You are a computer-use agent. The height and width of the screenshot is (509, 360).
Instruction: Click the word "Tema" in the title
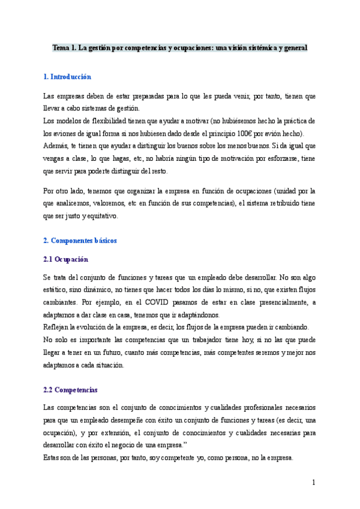pos(61,47)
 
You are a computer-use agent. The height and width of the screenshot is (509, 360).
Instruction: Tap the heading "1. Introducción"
pos(68,77)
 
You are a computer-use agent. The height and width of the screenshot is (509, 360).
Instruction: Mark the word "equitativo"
pos(102,216)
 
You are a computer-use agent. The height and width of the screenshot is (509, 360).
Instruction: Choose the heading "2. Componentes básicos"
pos(80,240)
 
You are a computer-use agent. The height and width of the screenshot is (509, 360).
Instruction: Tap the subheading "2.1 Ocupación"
pos(66,259)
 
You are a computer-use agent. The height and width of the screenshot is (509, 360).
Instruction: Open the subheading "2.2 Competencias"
pos(71,390)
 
